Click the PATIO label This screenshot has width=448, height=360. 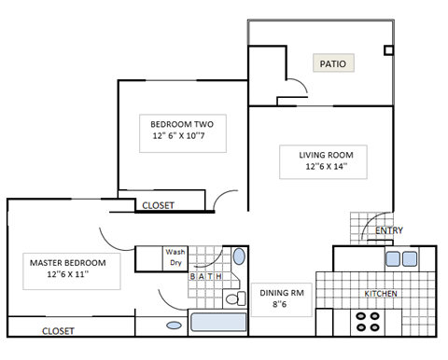[333, 64]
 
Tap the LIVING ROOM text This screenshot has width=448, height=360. [319, 154]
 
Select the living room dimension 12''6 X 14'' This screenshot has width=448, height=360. [319, 168]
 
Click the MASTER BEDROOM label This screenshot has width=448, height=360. [67, 262]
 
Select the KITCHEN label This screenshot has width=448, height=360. [381, 295]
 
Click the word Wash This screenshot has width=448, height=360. [175, 252]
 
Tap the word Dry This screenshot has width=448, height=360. [174, 264]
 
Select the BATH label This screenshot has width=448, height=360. [206, 276]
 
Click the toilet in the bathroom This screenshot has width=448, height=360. [233, 298]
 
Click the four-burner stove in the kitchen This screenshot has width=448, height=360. [368, 323]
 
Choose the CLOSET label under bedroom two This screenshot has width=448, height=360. [158, 206]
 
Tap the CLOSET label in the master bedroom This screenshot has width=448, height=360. [58, 330]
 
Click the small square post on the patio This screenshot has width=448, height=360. [389, 50]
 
